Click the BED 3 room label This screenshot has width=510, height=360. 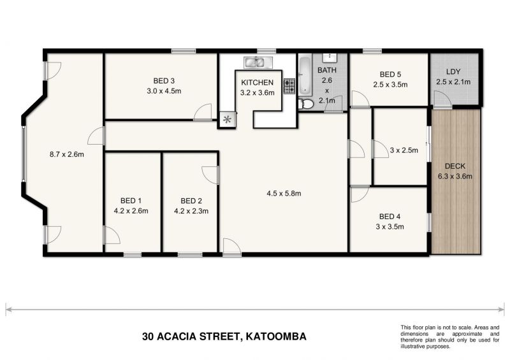click(164, 81)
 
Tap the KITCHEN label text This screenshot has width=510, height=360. click(257, 83)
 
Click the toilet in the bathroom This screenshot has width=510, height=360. click(306, 103)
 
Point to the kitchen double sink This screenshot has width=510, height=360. click(258, 62)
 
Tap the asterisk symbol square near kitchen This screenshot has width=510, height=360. click(226, 119)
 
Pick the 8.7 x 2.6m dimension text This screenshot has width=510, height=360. click(67, 154)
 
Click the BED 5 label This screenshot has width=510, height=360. click(390, 74)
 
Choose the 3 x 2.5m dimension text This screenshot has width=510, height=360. click(403, 151)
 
